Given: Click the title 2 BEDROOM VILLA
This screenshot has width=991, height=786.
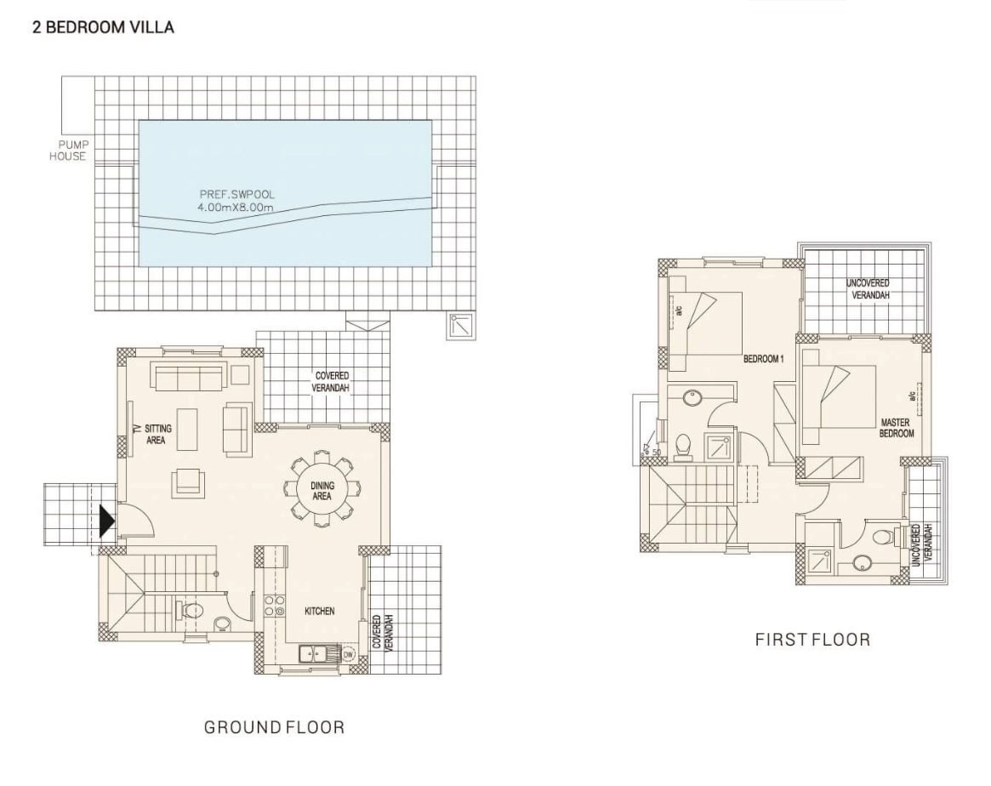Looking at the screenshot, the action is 103,27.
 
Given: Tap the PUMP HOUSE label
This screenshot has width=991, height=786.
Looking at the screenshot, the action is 69,151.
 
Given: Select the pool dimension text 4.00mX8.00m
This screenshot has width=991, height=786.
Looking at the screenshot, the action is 236,206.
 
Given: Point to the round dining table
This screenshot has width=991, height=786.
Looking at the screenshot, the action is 322,488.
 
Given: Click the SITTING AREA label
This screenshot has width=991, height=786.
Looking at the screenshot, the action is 157,434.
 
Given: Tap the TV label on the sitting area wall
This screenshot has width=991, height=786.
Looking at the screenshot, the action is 136,429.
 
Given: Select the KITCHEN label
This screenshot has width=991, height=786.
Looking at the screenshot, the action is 320,611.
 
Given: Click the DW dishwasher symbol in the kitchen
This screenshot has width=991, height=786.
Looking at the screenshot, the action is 348,654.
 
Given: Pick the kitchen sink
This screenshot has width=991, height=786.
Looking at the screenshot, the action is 312,653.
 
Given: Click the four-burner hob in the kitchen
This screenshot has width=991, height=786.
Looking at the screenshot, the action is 274,606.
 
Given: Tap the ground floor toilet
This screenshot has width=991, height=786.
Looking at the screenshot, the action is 192,611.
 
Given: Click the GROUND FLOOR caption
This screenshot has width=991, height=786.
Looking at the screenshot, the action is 274,727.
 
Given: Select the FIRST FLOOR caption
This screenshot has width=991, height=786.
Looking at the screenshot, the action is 812,640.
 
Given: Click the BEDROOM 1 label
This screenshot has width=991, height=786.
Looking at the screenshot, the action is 764,359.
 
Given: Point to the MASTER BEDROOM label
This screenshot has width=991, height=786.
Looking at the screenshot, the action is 897,428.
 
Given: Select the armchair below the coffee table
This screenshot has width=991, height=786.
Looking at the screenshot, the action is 188,480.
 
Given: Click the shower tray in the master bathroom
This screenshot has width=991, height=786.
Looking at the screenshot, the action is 820,561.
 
